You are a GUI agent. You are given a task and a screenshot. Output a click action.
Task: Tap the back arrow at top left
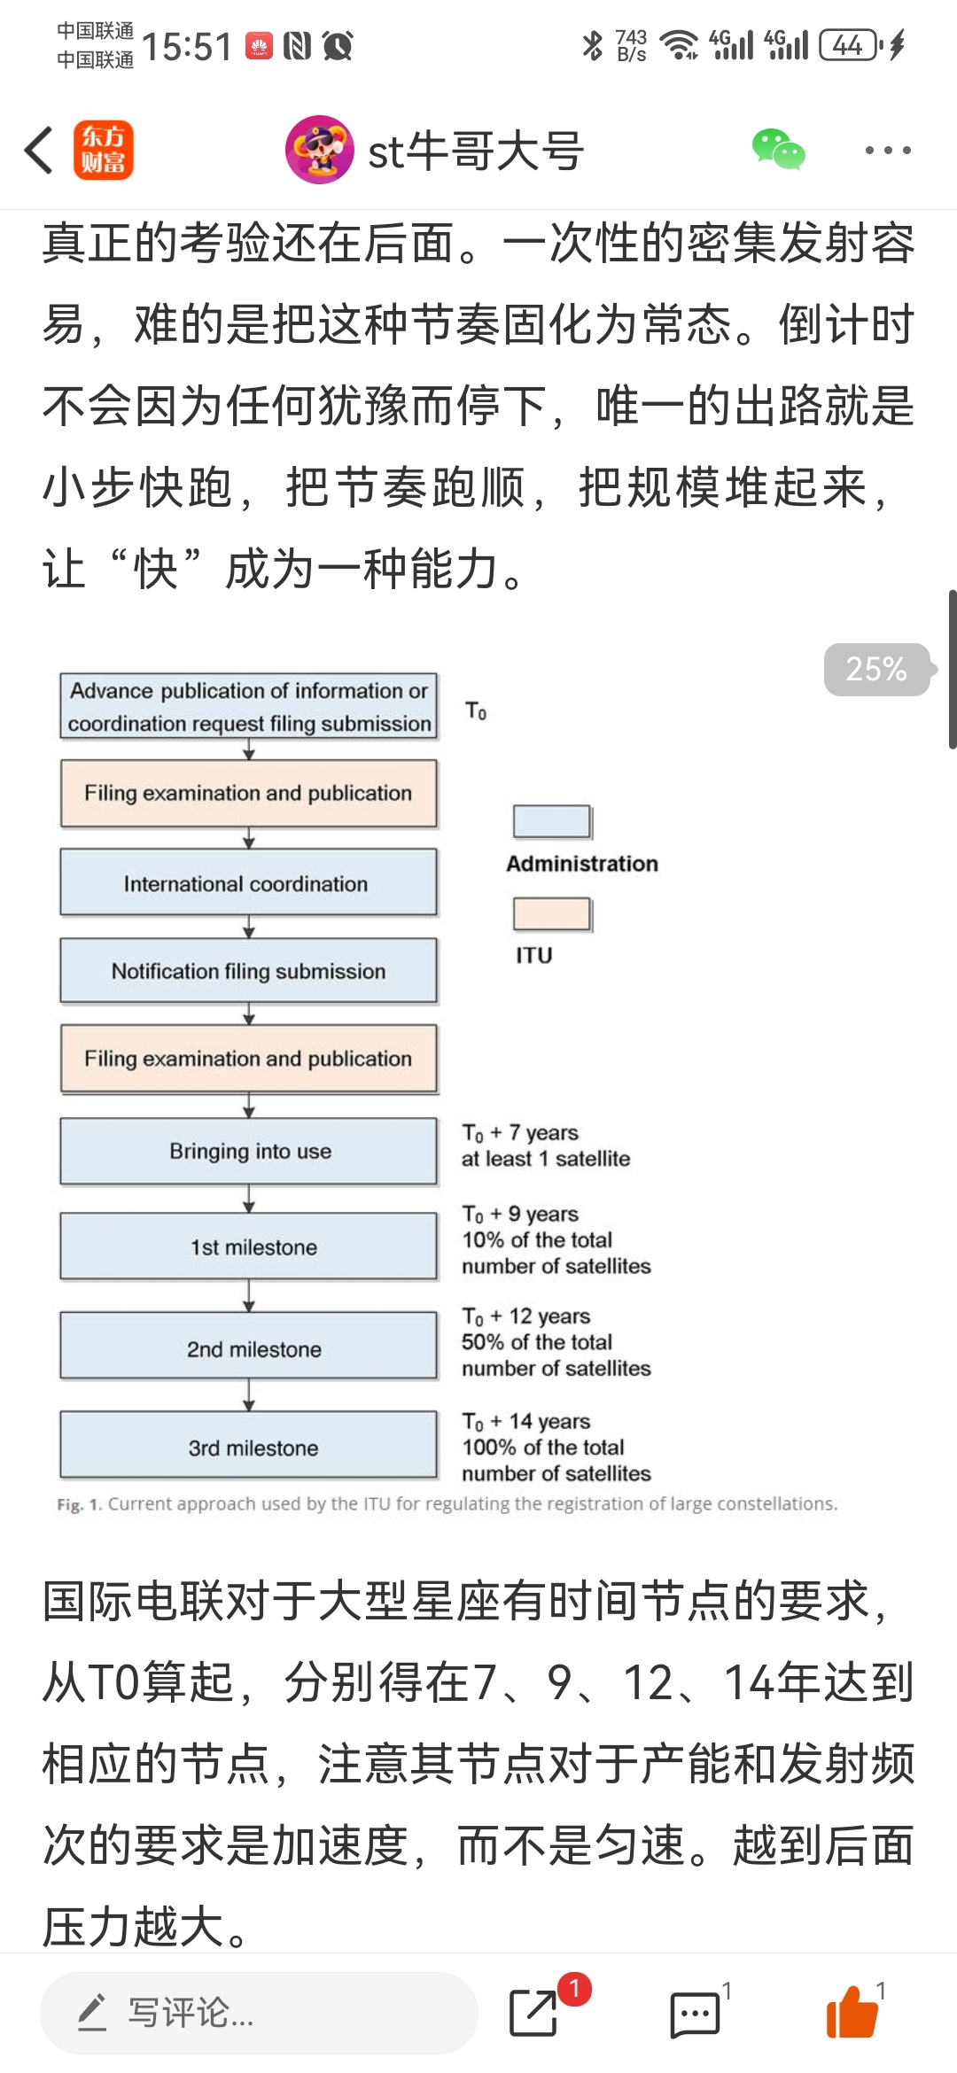pyautogui.click(x=39, y=150)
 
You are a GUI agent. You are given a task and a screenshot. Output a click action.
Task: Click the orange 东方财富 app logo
pyautogui.click(x=104, y=150)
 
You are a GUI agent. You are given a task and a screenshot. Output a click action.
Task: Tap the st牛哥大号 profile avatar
pyautogui.click(x=319, y=150)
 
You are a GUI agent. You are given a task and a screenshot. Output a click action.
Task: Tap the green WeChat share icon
pyautogui.click(x=778, y=149)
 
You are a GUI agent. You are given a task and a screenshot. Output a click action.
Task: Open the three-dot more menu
pyautogui.click(x=888, y=150)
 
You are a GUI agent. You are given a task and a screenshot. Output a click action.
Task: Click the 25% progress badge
pyautogui.click(x=876, y=669)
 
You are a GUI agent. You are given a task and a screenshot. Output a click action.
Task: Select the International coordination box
pyautogui.click(x=248, y=882)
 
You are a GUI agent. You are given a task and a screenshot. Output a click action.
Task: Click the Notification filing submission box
pyautogui.click(x=248, y=971)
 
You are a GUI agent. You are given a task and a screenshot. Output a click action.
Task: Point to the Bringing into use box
pyautogui.click(x=248, y=1152)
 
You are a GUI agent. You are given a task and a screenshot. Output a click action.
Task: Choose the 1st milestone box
pyautogui.click(x=248, y=1246)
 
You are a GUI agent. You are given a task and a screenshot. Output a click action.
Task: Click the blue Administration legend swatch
pyautogui.click(x=552, y=821)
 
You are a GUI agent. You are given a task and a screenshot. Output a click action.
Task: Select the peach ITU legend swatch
pyautogui.click(x=552, y=914)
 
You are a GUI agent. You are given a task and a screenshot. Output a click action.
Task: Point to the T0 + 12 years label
pyautogui.click(x=526, y=1316)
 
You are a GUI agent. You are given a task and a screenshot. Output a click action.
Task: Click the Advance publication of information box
pyautogui.click(x=248, y=706)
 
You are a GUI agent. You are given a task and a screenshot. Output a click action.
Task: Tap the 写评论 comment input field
pyautogui.click(x=259, y=2013)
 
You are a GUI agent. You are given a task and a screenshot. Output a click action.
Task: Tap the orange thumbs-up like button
pyautogui.click(x=852, y=2012)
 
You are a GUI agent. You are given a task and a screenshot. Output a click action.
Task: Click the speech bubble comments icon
pyautogui.click(x=695, y=2015)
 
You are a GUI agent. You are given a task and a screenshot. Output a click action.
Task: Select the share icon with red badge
pyautogui.click(x=533, y=2013)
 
